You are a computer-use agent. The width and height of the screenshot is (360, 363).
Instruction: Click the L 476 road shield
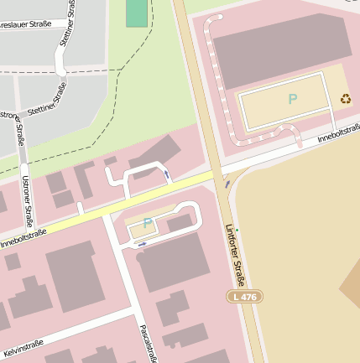[x=245, y=297]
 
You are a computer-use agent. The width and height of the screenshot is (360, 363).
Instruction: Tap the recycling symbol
[x=346, y=99]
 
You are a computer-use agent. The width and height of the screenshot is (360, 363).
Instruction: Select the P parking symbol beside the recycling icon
[x=292, y=99]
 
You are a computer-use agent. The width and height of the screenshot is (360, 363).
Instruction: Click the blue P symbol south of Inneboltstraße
[x=148, y=223]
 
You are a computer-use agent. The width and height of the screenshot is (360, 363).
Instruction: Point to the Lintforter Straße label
[x=237, y=256]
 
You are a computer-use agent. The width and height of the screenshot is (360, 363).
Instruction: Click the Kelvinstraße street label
[x=23, y=346]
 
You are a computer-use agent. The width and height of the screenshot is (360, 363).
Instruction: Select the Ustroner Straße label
[x=27, y=201]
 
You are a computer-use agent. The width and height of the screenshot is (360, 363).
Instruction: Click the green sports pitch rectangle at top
[x=136, y=13]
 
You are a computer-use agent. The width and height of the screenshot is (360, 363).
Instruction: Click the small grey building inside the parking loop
[x=179, y=222]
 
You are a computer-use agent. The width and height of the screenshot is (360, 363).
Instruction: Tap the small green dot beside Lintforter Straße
[x=237, y=229]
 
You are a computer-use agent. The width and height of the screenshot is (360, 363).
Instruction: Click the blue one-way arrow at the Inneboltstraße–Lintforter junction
[x=227, y=184]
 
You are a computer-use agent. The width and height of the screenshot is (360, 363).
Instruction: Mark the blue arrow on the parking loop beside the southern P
[x=141, y=244]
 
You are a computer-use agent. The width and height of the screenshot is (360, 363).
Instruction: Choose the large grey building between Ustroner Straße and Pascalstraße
[x=75, y=276]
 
